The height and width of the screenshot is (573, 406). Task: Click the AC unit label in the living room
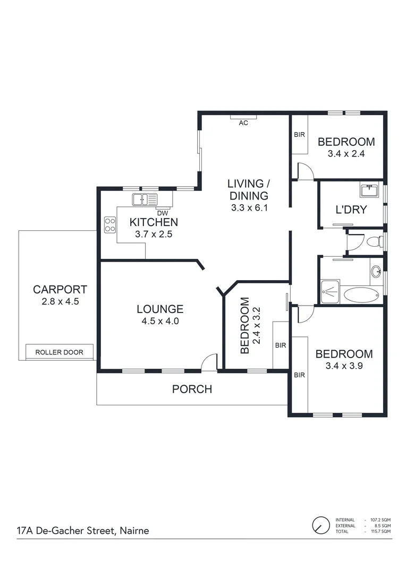[243, 123]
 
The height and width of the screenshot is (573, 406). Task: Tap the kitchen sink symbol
[145, 199]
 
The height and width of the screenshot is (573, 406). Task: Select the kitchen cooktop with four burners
[110, 225]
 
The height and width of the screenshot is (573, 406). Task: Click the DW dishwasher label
[162, 213]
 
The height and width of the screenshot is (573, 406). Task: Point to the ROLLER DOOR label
[59, 352]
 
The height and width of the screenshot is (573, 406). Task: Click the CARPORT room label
[60, 290]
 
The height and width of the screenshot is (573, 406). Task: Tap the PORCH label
[192, 389]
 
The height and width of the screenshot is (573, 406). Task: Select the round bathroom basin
[376, 272]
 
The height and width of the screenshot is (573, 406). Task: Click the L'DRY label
[351, 210]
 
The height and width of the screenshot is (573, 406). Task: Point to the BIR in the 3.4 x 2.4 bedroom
[299, 135]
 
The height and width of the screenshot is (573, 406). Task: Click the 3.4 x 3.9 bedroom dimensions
[344, 365]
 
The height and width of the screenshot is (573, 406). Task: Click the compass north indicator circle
[320, 525]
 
